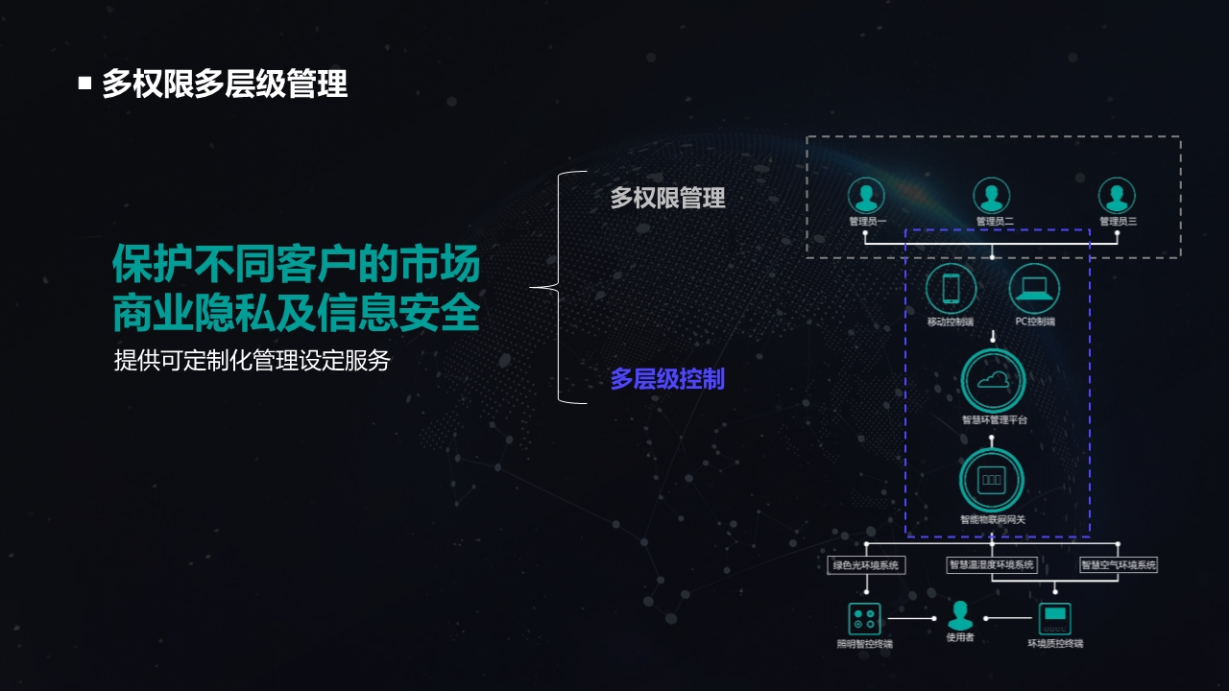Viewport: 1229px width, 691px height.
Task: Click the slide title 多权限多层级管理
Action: point(225,84)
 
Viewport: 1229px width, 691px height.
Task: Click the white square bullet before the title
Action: point(84,83)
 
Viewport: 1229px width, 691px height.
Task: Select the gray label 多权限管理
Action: point(667,198)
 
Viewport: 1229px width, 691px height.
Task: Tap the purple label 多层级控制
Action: point(667,379)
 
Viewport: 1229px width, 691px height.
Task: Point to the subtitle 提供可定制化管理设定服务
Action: point(252,361)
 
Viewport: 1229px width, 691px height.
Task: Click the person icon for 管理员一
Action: point(866,196)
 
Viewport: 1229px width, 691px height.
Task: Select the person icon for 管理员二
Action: point(992,196)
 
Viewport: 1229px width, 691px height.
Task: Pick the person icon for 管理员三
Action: point(1117,196)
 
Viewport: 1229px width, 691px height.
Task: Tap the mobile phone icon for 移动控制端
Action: point(951,288)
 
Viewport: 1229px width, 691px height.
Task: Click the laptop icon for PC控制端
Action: point(1034,288)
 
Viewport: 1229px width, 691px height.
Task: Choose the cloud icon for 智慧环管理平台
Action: point(993,381)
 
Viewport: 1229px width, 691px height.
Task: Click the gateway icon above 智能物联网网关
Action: point(992,480)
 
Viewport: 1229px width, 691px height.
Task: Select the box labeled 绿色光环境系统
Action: point(866,565)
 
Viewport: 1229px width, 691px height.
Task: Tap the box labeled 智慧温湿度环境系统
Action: point(992,565)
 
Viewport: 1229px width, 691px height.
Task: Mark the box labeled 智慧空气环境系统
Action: point(1119,565)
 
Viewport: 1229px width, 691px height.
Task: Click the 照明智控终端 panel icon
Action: point(864,618)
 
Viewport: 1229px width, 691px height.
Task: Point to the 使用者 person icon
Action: point(960,615)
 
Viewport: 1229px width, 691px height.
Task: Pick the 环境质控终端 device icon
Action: point(1055,617)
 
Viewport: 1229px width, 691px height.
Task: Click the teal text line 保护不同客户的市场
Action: point(296,264)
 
